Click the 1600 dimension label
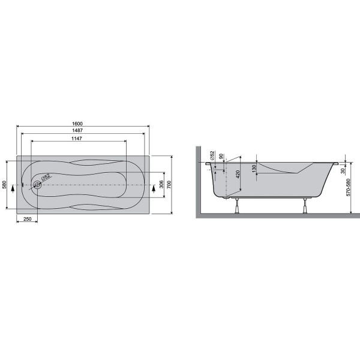77,124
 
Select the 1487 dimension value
77,130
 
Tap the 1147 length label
77,139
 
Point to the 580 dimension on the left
4,185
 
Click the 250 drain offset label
28,219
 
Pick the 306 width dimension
161,184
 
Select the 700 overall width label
169,185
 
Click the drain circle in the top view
37,185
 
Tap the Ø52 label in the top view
46,177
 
